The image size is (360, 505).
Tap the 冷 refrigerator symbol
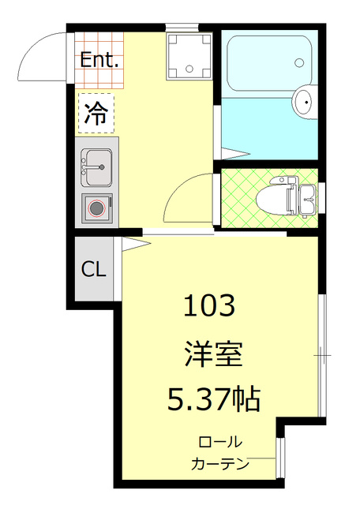96,114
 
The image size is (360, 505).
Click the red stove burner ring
97,208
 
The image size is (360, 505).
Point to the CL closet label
93,269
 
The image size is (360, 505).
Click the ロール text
220,442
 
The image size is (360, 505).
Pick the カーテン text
220,463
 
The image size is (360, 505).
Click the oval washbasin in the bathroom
304,101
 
